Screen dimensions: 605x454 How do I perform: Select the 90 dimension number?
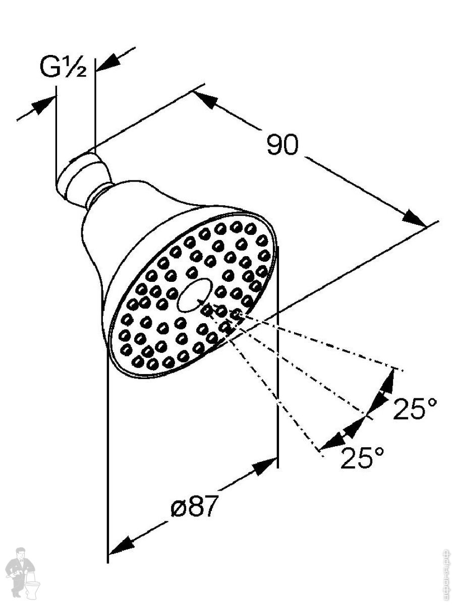(282, 145)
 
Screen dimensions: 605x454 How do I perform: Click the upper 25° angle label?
(415, 409)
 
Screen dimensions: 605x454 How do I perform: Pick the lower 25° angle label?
(362, 458)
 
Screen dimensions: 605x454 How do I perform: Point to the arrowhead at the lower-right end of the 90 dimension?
(414, 218)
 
